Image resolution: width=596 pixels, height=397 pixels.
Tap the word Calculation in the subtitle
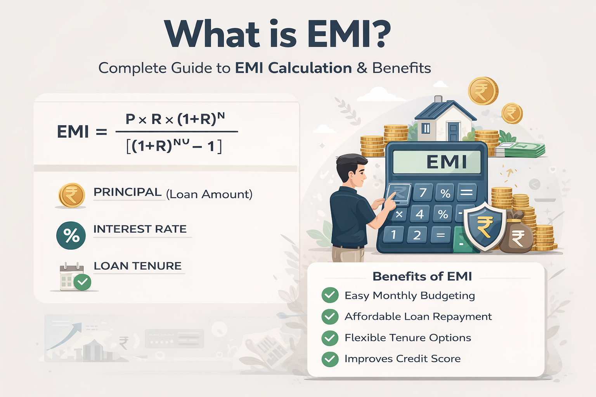click(x=310, y=68)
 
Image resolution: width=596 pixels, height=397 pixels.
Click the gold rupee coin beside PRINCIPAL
click(x=71, y=195)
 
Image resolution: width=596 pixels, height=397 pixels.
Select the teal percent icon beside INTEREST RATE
click(x=71, y=236)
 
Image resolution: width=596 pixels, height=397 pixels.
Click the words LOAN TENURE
click(x=138, y=266)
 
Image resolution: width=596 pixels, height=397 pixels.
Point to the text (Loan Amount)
click(x=209, y=194)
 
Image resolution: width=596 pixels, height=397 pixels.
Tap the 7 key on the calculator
click(x=423, y=192)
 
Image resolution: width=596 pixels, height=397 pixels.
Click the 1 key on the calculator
click(x=393, y=235)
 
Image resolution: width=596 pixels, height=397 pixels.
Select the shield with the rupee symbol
click(x=485, y=226)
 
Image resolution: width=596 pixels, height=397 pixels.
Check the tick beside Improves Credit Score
click(x=330, y=359)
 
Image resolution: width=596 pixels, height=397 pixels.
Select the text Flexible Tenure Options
click(x=408, y=338)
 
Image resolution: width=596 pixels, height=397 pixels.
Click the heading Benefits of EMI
click(x=422, y=276)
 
